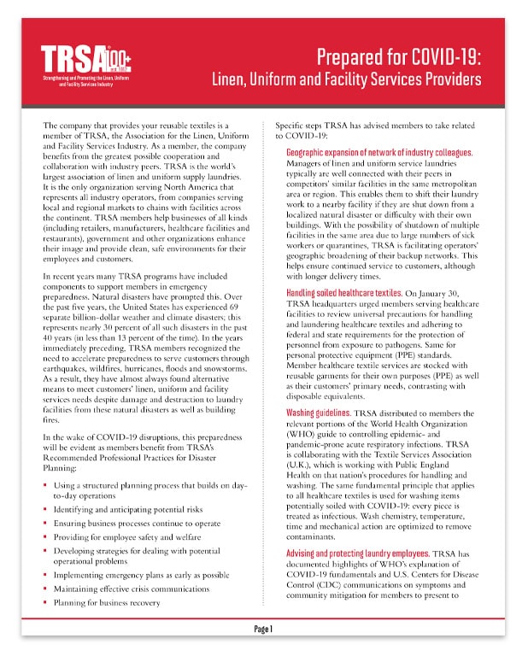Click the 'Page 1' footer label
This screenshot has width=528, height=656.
(x=263, y=630)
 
